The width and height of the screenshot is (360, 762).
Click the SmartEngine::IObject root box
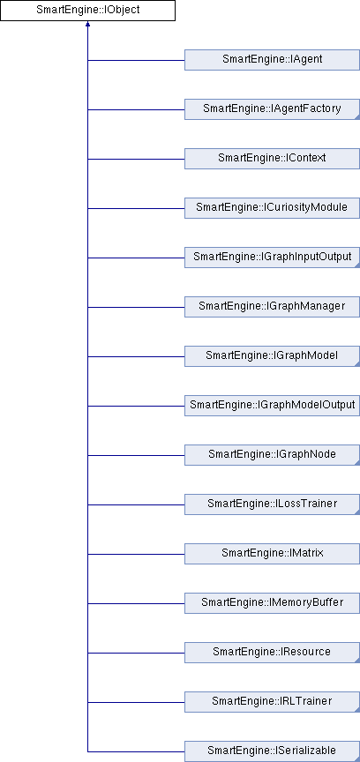click(x=87, y=11)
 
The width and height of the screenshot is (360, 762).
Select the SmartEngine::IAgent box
click(x=272, y=60)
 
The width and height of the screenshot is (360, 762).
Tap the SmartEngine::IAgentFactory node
click(x=272, y=108)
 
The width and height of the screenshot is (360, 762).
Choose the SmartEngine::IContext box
click(x=272, y=159)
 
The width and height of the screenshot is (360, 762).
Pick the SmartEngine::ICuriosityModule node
click(x=272, y=207)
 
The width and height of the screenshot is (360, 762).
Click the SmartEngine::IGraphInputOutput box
click(x=272, y=257)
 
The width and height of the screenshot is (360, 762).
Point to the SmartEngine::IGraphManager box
click(x=272, y=306)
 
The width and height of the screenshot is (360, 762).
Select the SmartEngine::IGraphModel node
click(x=272, y=355)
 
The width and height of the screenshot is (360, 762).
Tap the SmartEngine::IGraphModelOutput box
click(x=272, y=405)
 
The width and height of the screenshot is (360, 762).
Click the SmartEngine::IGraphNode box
click(x=272, y=454)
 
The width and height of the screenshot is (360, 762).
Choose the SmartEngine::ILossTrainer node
click(x=272, y=504)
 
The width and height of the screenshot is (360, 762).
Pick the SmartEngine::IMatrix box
click(x=272, y=553)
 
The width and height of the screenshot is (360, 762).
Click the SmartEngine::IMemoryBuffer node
click(x=272, y=602)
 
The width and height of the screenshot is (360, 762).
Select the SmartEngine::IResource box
click(x=272, y=652)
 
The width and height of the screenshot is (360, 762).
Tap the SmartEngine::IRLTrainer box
click(x=272, y=701)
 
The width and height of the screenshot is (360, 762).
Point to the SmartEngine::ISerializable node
click(x=272, y=751)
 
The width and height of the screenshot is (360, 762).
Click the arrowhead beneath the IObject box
click(x=87, y=24)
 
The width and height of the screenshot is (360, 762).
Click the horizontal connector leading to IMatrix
click(x=136, y=554)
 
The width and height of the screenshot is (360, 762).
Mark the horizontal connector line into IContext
click(x=136, y=159)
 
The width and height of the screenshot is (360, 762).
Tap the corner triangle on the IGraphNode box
click(x=357, y=462)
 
